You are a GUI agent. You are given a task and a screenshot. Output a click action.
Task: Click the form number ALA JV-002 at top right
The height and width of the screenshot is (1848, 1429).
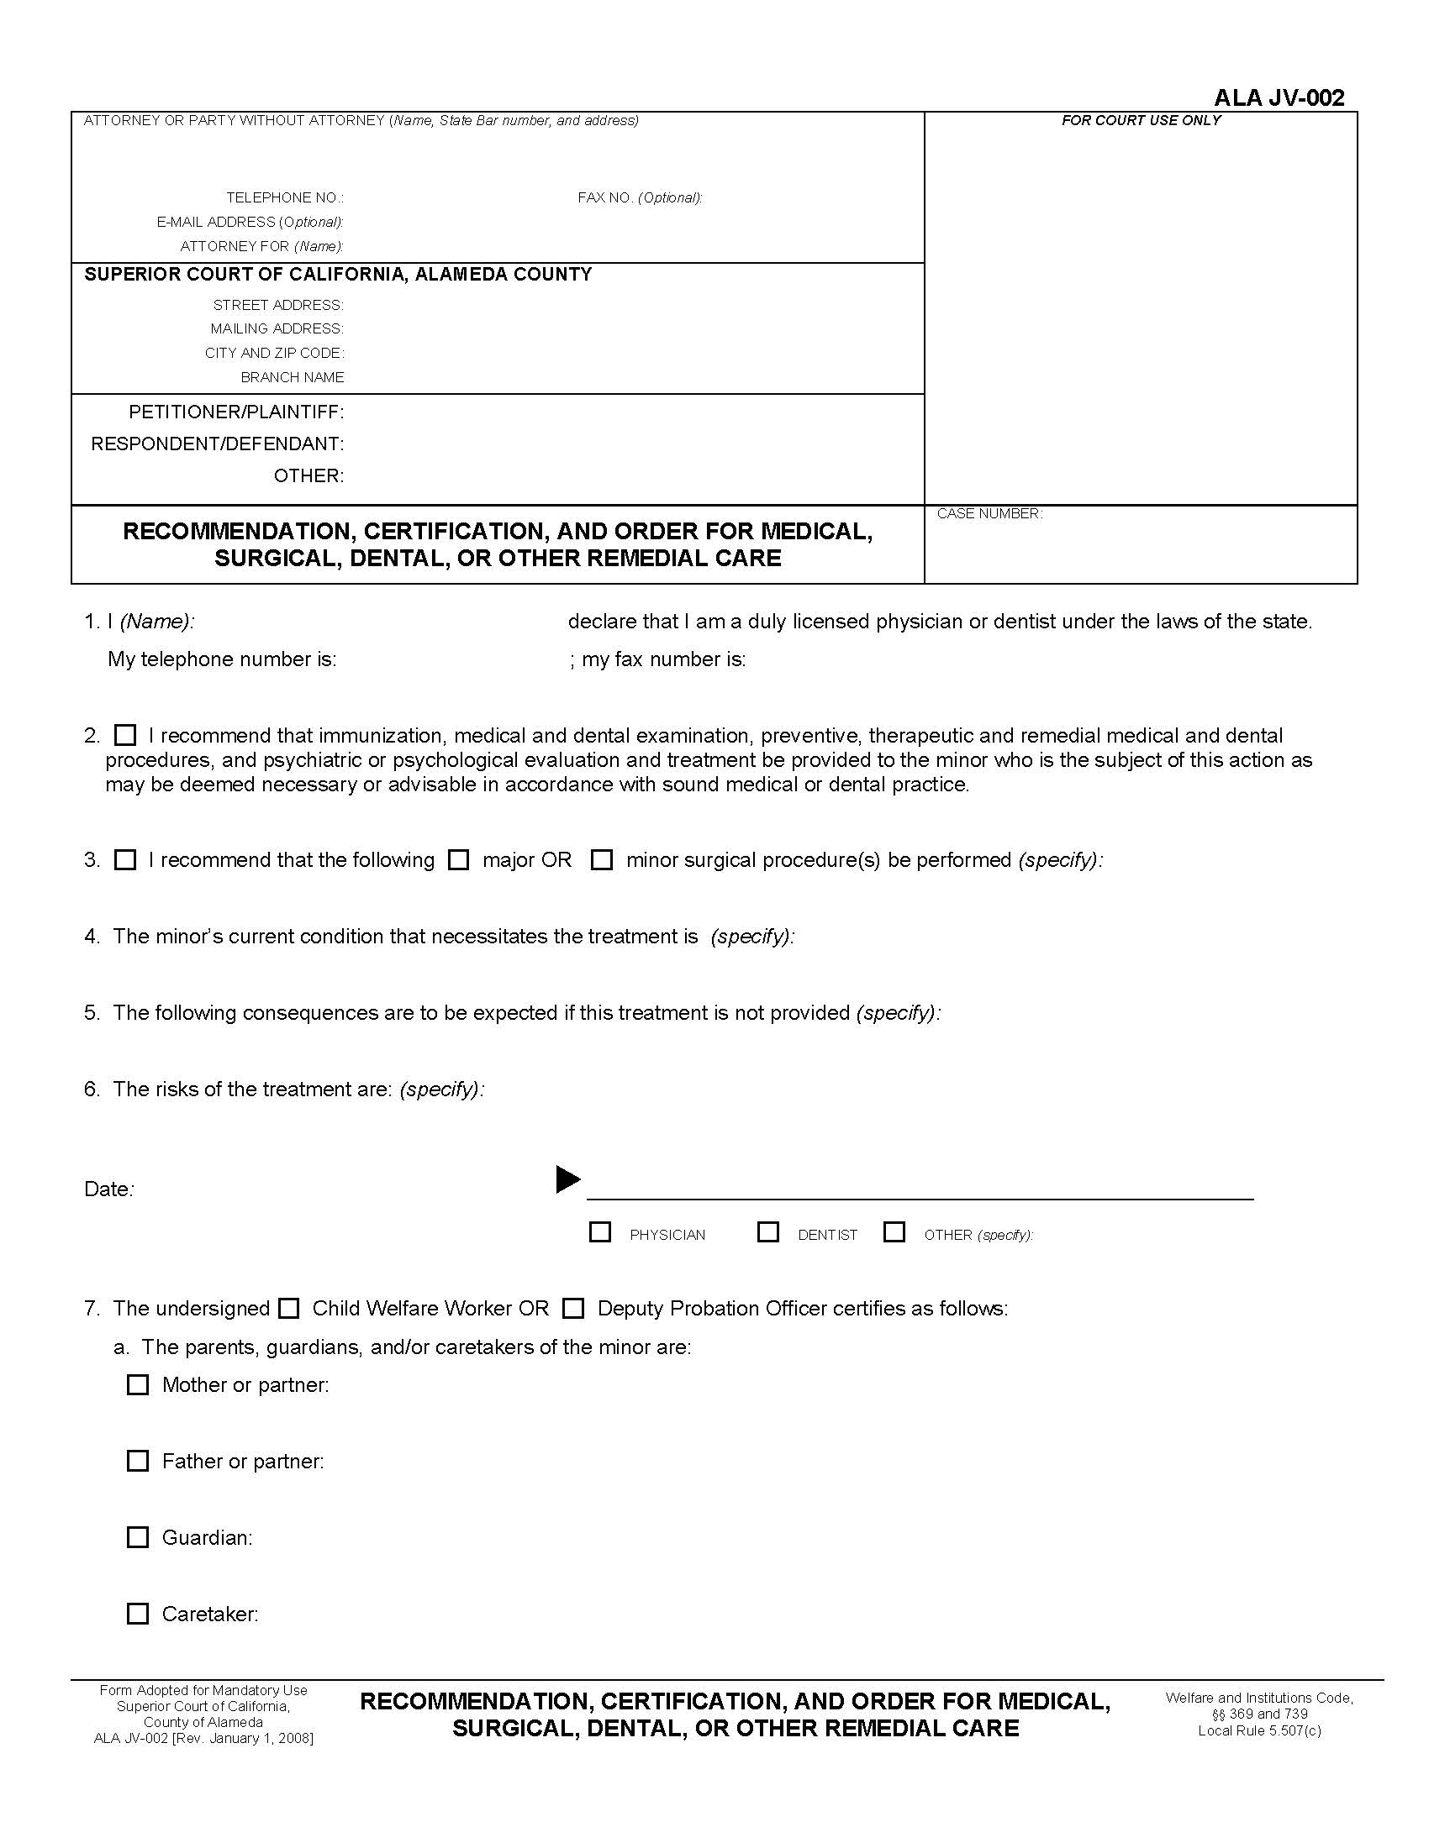[1279, 98]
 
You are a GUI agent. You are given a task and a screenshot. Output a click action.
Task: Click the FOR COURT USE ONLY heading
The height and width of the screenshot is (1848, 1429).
[1141, 121]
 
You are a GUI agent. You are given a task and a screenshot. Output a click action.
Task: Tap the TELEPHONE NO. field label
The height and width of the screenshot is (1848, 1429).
[284, 198]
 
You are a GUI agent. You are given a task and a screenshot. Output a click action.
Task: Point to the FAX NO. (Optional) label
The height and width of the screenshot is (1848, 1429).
[639, 198]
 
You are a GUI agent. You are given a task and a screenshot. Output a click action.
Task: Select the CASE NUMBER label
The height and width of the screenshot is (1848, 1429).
[989, 513]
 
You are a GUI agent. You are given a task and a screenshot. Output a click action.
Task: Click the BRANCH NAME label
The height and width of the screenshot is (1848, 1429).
[292, 377]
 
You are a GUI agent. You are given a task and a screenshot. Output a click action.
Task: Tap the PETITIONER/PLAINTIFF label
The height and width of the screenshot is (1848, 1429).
[235, 412]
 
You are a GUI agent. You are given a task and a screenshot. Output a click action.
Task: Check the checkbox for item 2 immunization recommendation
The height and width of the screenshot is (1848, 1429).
[125, 734]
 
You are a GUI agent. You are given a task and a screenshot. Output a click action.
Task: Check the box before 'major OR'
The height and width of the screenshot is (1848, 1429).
[458, 859]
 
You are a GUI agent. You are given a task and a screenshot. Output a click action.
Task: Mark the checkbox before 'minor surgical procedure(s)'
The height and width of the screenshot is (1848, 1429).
[601, 859]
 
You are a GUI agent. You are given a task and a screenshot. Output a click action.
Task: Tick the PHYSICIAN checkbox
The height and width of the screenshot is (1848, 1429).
[599, 1232]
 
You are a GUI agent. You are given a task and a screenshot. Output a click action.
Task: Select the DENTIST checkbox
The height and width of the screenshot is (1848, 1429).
[767, 1232]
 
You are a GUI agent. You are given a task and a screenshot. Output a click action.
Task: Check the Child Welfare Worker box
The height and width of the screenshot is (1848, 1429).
[288, 1308]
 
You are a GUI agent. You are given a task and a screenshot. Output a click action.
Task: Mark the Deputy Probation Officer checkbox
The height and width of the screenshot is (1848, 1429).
[573, 1308]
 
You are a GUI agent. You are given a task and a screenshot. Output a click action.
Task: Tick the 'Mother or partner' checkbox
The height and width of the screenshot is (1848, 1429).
[137, 1384]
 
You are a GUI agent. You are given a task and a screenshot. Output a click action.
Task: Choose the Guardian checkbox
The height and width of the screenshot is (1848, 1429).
[137, 1536]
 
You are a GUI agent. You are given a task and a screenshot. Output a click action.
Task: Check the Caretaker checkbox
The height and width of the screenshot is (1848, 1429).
[137, 1614]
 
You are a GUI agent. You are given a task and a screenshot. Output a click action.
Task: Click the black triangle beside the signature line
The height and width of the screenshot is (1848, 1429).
[567, 1179]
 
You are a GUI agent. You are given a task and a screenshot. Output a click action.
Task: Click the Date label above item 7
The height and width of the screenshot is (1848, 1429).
[108, 1189]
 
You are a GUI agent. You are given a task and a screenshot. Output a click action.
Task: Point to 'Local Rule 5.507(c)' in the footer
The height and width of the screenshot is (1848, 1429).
[1259, 1730]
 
